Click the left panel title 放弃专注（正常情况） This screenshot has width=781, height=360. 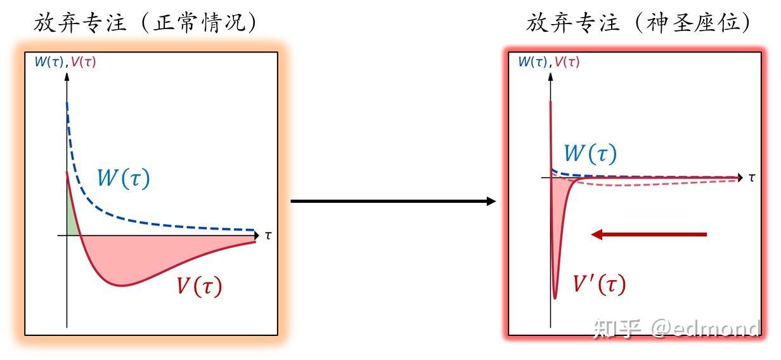coord(146,23)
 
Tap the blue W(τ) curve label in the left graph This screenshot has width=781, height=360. coord(123,178)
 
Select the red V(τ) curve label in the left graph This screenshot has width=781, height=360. coord(199,286)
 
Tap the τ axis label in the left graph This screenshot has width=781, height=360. coord(268,236)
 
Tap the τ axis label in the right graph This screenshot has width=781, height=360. coord(751,177)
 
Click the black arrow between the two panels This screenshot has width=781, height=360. coord(393,202)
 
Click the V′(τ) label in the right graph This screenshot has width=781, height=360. coord(598,283)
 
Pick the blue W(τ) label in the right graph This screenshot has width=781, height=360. coord(590,153)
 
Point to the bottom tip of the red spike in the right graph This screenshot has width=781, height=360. coord(555,297)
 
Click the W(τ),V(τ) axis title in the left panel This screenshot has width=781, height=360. coord(65,62)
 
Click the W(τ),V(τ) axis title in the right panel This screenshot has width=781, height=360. coord(548,62)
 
